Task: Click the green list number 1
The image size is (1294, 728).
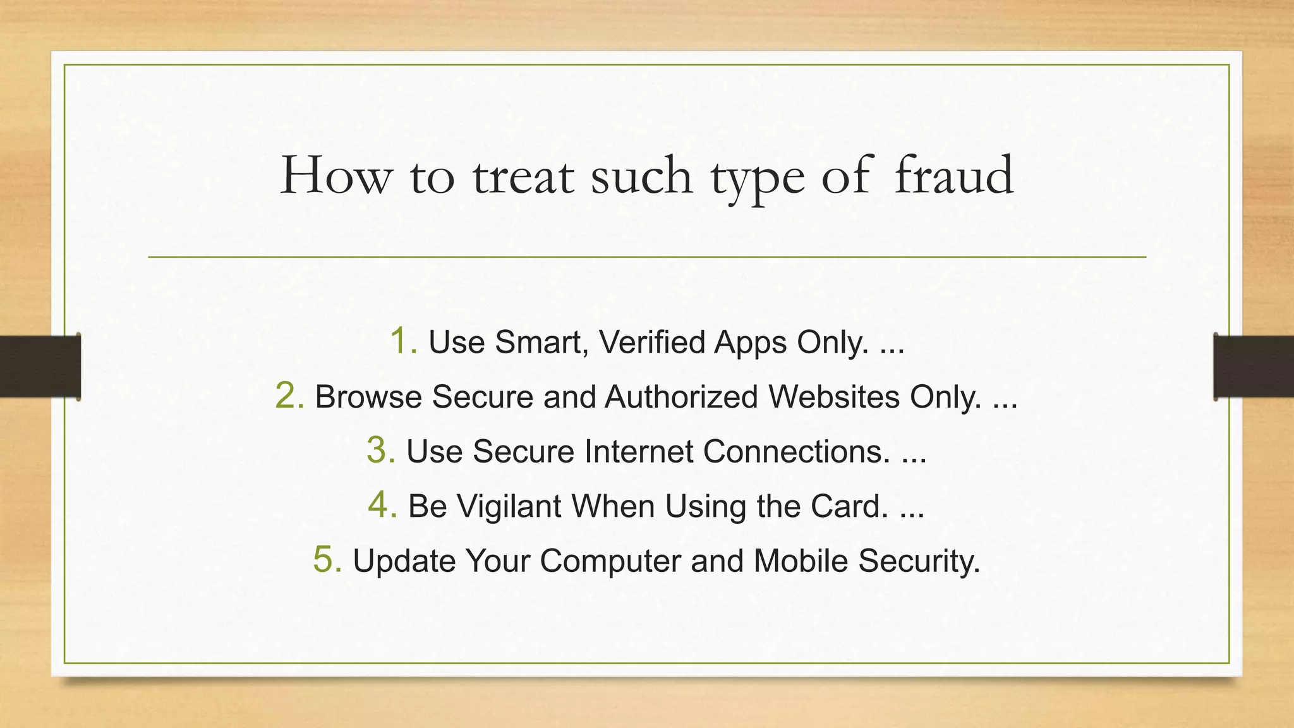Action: point(402,341)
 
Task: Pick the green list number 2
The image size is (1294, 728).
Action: point(289,396)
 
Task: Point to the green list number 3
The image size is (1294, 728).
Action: point(380,451)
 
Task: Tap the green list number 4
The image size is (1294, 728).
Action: point(382,506)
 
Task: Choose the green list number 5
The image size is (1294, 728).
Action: point(327,560)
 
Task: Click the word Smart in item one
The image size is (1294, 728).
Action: point(541,343)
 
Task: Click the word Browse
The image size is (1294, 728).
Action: point(368,397)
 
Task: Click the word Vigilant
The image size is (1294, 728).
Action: point(508,506)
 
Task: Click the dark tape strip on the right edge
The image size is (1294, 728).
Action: point(1254,366)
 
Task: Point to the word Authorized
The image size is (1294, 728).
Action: point(680,397)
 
